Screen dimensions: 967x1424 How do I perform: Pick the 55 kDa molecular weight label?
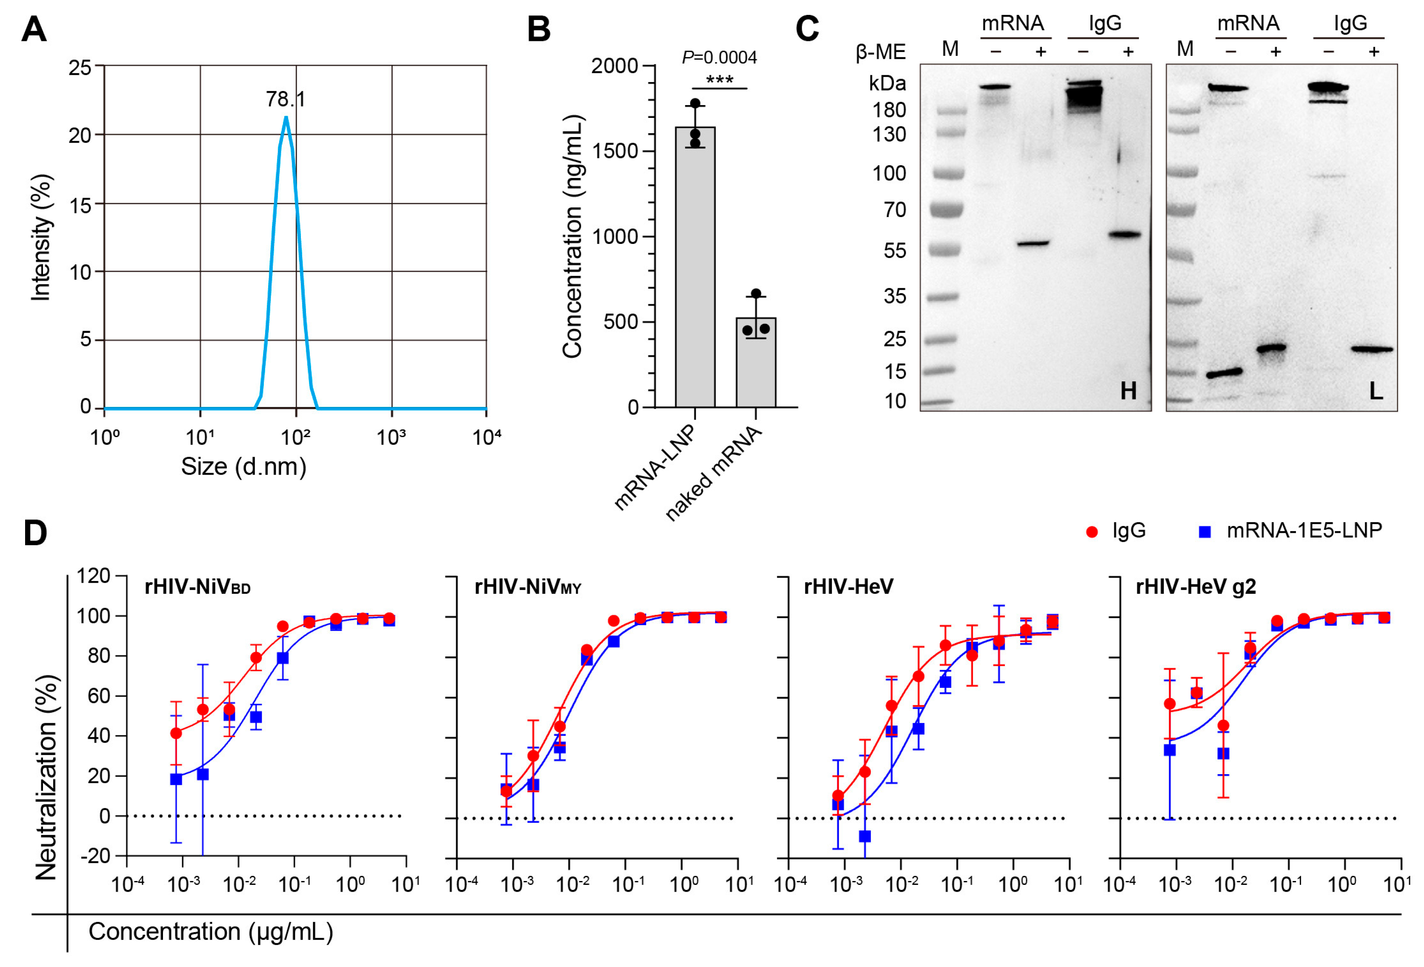click(x=895, y=251)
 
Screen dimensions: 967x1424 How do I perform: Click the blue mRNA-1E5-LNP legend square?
click(x=1205, y=531)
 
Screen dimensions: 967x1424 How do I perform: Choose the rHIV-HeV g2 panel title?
click(x=1195, y=587)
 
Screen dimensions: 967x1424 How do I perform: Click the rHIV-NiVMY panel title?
click(x=528, y=587)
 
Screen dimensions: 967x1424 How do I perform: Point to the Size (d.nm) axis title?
click(x=243, y=467)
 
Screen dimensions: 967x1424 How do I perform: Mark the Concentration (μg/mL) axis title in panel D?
click(x=211, y=931)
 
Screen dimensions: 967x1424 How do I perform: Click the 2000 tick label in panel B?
click(x=614, y=66)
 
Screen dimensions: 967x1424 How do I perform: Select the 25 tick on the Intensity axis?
click(x=80, y=67)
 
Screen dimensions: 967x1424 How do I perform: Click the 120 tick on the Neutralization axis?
click(x=93, y=576)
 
